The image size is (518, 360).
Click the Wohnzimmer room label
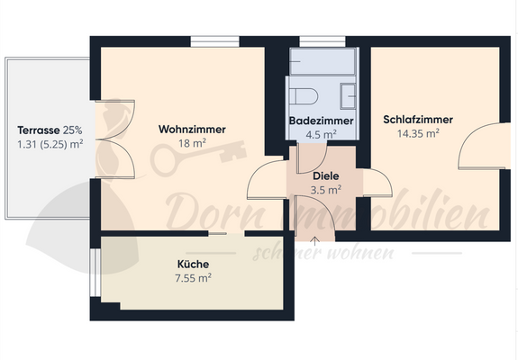(x=192, y=129)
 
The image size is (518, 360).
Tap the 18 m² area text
(x=192, y=142)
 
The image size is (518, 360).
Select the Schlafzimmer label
(x=417, y=120)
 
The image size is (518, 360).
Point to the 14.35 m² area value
(x=417, y=133)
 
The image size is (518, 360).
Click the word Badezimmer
(x=321, y=121)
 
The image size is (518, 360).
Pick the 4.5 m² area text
(x=321, y=133)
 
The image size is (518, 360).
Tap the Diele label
(x=325, y=176)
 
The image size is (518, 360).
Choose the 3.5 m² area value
(x=325, y=190)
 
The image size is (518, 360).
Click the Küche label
(x=194, y=264)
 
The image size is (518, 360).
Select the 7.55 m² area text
(x=194, y=277)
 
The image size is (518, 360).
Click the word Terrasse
(x=38, y=129)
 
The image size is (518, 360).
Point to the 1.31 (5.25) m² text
(x=50, y=143)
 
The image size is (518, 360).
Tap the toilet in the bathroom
(x=303, y=94)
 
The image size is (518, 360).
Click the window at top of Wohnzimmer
(x=215, y=40)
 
